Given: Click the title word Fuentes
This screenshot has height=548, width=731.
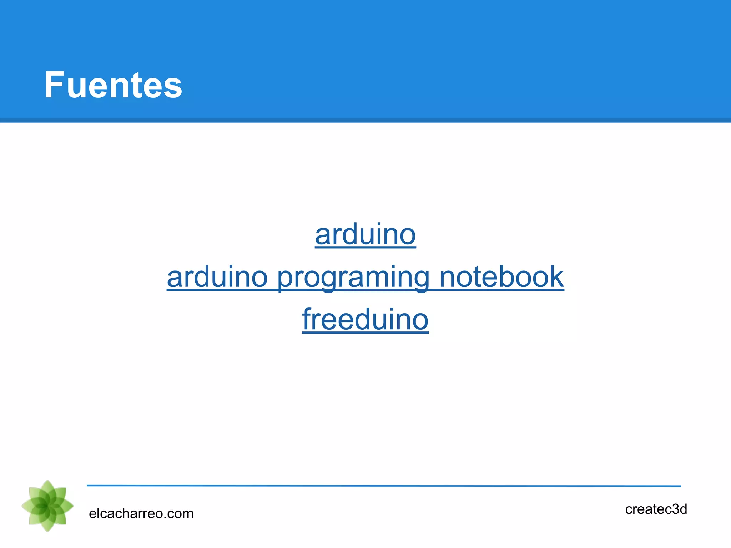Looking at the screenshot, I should point(113,85).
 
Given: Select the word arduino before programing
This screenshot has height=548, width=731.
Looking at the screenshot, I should point(217,277).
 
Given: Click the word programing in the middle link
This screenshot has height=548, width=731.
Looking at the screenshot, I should point(353,278).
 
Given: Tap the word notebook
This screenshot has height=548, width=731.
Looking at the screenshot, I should point(501,277).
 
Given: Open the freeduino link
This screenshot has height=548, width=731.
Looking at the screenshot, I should point(365,319).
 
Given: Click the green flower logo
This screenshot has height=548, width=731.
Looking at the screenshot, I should point(47,506).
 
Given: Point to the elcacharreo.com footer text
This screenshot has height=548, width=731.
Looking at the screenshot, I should point(141,513).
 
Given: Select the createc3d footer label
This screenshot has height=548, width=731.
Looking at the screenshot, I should point(656,509).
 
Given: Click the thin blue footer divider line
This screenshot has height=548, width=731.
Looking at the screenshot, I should point(384,486).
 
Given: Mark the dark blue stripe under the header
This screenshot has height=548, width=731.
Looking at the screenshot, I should point(365,120).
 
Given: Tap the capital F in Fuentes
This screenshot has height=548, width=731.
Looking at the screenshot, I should point(54,85).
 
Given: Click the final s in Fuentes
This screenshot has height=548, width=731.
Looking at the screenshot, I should point(174,87).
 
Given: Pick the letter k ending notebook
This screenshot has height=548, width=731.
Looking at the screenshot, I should point(555,276).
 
